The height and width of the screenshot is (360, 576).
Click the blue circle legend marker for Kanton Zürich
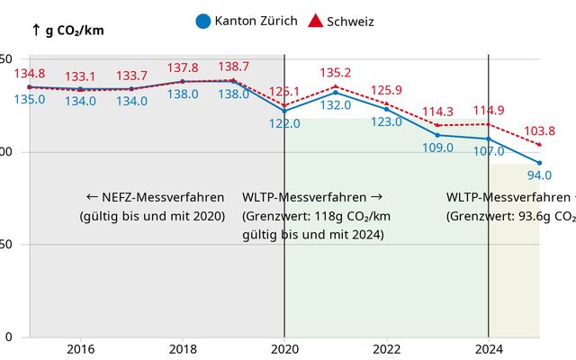pyautogui.click(x=202, y=21)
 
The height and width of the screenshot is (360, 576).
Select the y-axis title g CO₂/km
pyautogui.click(x=68, y=30)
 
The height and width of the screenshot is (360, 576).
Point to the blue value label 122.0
pyautogui.click(x=284, y=123)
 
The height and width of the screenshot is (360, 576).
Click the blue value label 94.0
pyautogui.click(x=539, y=175)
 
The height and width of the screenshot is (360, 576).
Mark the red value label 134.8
pyautogui.click(x=30, y=74)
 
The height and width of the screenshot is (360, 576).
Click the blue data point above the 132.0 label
pyautogui.click(x=335, y=92)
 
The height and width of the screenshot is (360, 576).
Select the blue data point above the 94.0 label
pyautogui.click(x=539, y=162)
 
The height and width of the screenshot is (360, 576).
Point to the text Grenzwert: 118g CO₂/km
pyautogui.click(x=317, y=216)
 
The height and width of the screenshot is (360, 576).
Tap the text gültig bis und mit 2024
pyautogui.click(x=313, y=235)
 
